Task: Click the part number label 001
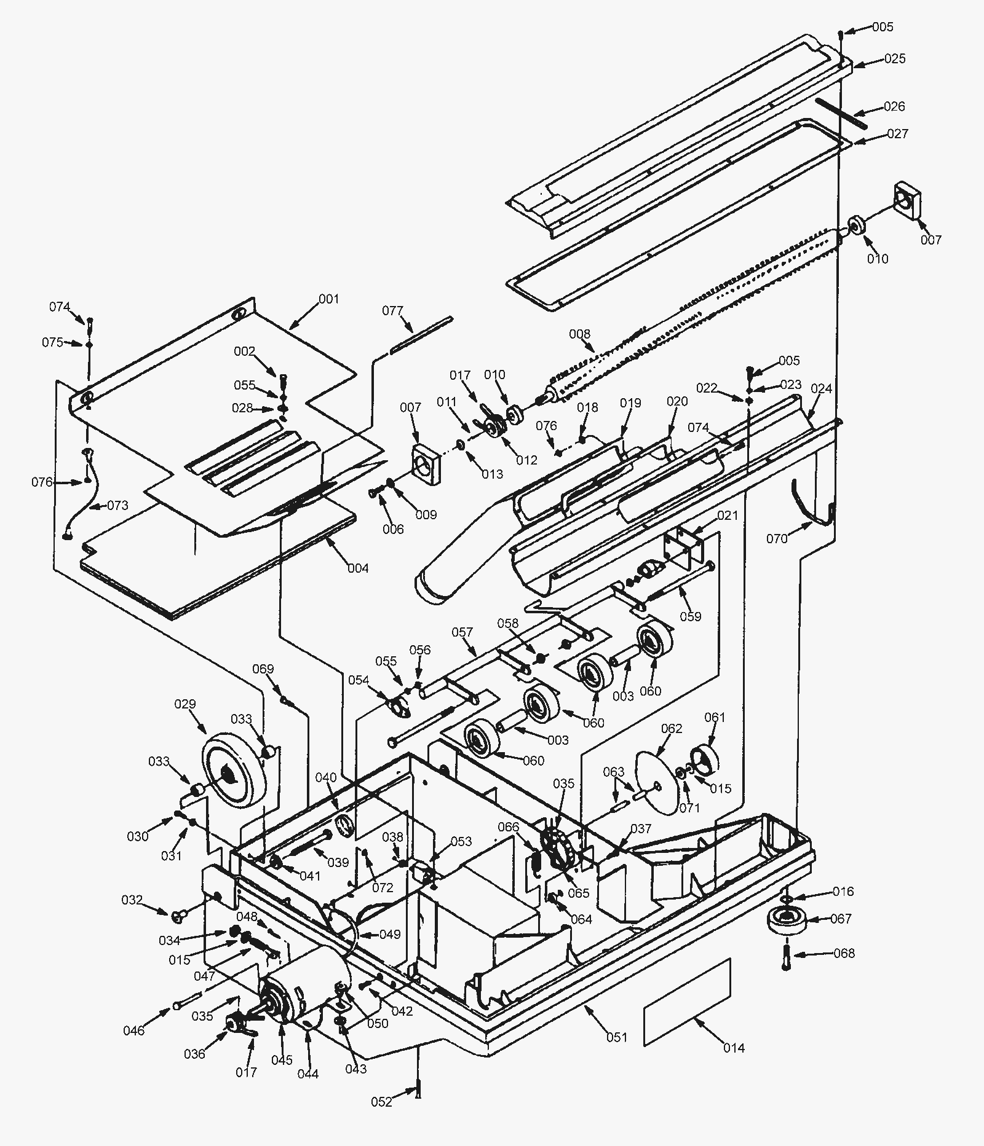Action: click(x=329, y=299)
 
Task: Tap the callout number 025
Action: click(x=895, y=58)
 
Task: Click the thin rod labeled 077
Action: click(x=421, y=335)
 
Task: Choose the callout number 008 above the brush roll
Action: click(x=579, y=334)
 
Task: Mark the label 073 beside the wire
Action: click(x=117, y=505)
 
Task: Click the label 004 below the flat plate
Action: click(x=358, y=568)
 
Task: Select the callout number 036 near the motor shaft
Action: click(x=194, y=1054)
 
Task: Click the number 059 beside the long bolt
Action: click(x=690, y=616)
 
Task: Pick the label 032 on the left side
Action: click(x=132, y=901)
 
